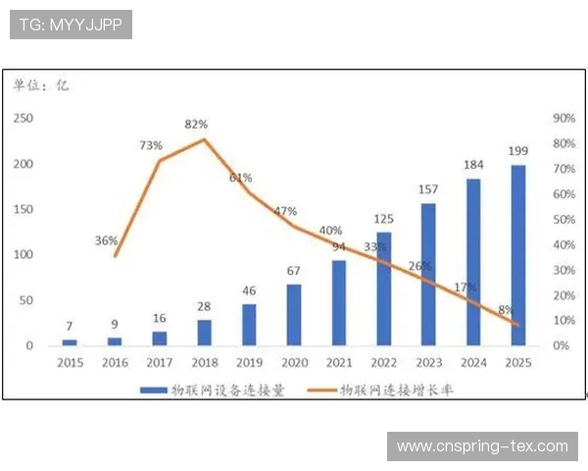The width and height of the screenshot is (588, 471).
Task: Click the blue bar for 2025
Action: coord(517,255)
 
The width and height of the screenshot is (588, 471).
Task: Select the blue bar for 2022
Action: coord(383,288)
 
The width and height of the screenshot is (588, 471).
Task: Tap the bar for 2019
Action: coord(249,325)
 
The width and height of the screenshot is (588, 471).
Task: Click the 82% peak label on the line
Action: coord(196,125)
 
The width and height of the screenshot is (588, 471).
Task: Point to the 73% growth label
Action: coord(151,145)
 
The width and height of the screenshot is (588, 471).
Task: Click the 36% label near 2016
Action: coord(107,240)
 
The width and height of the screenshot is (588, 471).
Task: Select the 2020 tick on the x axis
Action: coord(293,363)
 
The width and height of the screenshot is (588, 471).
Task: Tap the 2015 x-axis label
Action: coord(70,363)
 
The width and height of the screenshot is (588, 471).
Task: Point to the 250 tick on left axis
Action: coord(23,118)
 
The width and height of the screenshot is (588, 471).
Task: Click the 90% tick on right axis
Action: coord(563,118)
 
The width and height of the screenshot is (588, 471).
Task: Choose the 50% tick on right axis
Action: coord(563,219)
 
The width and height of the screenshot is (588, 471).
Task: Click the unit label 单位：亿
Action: coord(41,85)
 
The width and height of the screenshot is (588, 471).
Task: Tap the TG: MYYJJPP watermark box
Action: coord(71,25)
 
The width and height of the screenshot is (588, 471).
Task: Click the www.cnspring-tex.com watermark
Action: coord(481,446)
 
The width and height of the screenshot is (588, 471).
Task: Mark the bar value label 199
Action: coord(518,151)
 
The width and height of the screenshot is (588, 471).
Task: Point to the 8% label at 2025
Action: coord(506,310)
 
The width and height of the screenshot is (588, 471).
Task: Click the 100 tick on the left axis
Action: coord(23,254)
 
